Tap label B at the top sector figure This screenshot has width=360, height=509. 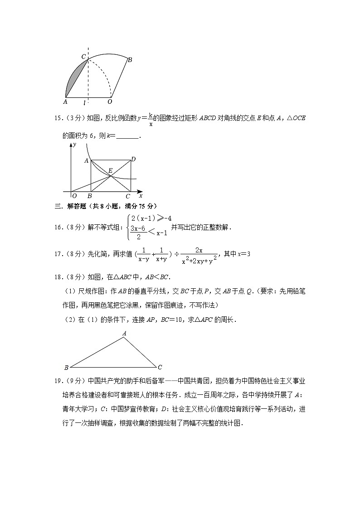130,59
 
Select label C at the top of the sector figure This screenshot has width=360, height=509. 83,56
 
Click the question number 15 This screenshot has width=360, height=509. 58,118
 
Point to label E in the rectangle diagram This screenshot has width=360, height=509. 110,171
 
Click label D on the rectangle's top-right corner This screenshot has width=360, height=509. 133,159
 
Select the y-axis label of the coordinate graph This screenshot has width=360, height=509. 74,144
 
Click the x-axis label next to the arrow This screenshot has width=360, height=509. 141,196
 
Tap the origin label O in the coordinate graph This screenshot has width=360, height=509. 74,196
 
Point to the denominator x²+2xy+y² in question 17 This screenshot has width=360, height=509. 199,260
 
